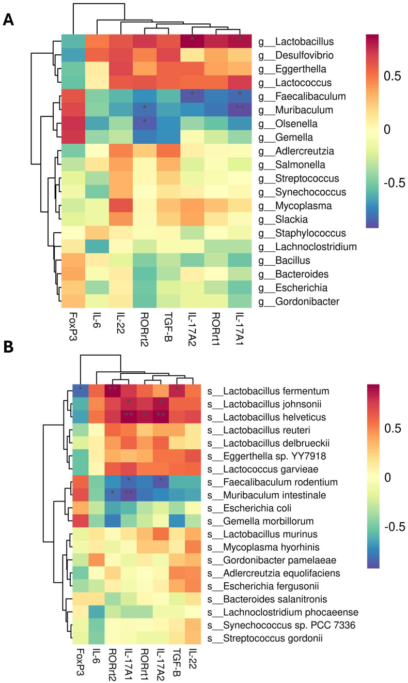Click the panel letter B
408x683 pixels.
[x=9, y=347]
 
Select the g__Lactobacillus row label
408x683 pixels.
[x=296, y=41]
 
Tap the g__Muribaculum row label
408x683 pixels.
[x=295, y=110]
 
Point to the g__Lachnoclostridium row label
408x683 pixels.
[x=307, y=247]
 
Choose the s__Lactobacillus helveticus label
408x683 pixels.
[x=266, y=417]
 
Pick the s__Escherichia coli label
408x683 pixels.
[x=249, y=508]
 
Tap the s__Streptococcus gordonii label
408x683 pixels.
[x=265, y=638]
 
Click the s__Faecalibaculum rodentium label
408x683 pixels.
[x=273, y=482]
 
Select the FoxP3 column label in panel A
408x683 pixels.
[x=73, y=326]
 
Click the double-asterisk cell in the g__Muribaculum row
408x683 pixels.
[x=240, y=110]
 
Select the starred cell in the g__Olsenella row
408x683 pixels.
[x=145, y=124]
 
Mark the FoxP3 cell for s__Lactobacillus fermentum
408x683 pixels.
[x=81, y=390]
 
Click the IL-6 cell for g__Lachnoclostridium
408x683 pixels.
[x=97, y=247]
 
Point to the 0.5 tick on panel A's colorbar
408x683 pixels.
[x=393, y=76]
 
